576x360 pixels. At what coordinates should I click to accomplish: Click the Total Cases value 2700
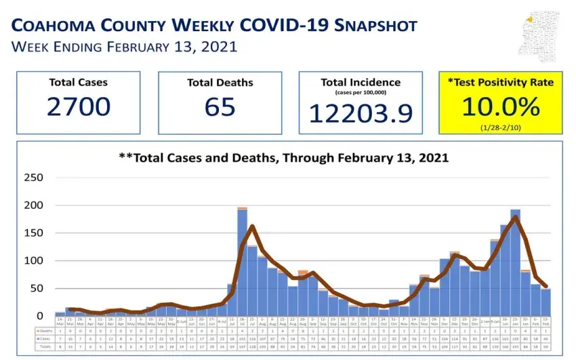click(x=79, y=107)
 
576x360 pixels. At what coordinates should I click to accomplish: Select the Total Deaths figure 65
click(x=220, y=107)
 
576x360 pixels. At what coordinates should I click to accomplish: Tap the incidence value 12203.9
click(x=361, y=112)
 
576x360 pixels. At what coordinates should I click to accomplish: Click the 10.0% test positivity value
click(x=501, y=106)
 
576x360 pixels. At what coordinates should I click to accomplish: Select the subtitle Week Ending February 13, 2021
click(x=123, y=47)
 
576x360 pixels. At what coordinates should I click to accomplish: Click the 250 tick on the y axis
click(x=34, y=178)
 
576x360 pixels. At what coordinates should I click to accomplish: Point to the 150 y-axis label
click(x=34, y=233)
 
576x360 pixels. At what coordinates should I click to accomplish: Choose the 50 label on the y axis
click(x=37, y=288)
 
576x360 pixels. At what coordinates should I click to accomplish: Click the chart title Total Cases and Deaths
click(x=283, y=158)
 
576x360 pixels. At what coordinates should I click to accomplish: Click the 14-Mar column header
click(x=60, y=321)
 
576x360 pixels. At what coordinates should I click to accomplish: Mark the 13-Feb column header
click(x=546, y=321)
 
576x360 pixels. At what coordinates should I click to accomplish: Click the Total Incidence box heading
click(x=361, y=82)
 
